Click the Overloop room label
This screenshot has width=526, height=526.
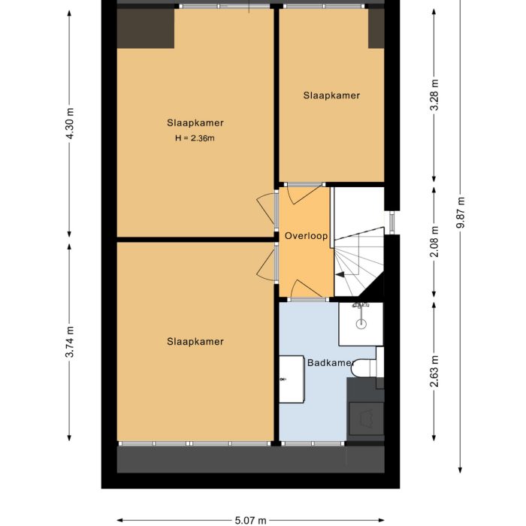coord(306,236)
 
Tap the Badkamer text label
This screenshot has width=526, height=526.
coord(330,363)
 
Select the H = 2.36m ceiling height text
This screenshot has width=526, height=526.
coord(195,138)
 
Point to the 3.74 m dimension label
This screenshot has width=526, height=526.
coord(71,342)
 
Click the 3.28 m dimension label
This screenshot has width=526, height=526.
coord(434,95)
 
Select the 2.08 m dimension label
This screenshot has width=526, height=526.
coord(434,242)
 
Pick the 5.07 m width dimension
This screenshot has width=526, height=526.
coord(251,519)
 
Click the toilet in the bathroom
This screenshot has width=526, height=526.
coord(365,367)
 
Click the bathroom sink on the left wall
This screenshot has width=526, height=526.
coord(291,379)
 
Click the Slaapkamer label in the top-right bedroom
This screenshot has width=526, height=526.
coord(331,95)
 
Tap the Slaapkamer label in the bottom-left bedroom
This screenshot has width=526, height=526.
coord(195,342)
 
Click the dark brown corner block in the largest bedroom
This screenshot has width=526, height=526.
coord(146,28)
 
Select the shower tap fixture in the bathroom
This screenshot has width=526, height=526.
coord(361,306)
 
